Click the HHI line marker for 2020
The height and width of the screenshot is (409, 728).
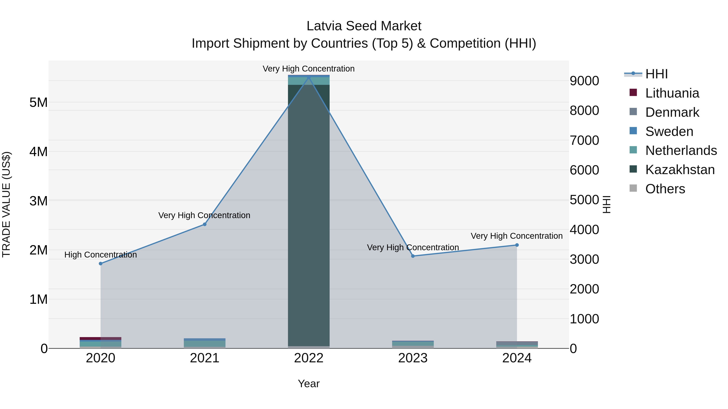[101, 264]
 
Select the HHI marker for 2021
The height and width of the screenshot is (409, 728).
[205, 224]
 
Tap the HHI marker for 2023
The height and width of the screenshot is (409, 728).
[413, 256]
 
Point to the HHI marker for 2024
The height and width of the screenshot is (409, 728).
[517, 245]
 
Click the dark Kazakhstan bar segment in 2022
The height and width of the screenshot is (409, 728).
[309, 214]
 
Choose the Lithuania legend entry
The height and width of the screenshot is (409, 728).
[672, 93]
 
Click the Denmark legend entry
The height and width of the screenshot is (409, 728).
[672, 112]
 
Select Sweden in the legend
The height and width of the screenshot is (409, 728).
[669, 131]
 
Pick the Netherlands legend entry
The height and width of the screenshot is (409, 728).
[681, 150]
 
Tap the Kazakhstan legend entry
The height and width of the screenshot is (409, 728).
[680, 170]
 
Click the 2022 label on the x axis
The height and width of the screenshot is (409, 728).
[309, 358]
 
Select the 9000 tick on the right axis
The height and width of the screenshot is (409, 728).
[584, 81]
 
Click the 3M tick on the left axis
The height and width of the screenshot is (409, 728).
[38, 201]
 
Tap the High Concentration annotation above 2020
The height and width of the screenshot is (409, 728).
[101, 255]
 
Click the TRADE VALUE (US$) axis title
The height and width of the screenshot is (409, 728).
[6, 204]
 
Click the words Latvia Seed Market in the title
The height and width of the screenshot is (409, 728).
[364, 26]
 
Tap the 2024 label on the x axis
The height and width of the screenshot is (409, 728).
[517, 358]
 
